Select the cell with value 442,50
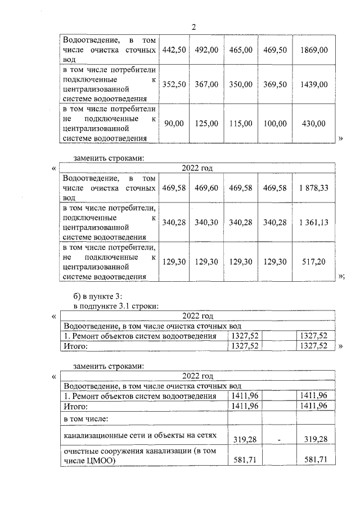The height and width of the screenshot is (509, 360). (x=174, y=50)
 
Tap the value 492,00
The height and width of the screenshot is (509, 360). (x=206, y=50)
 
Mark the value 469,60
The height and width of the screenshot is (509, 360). (x=206, y=188)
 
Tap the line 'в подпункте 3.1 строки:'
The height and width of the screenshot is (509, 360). (x=116, y=306)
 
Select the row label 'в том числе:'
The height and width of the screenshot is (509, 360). (x=85, y=418)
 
